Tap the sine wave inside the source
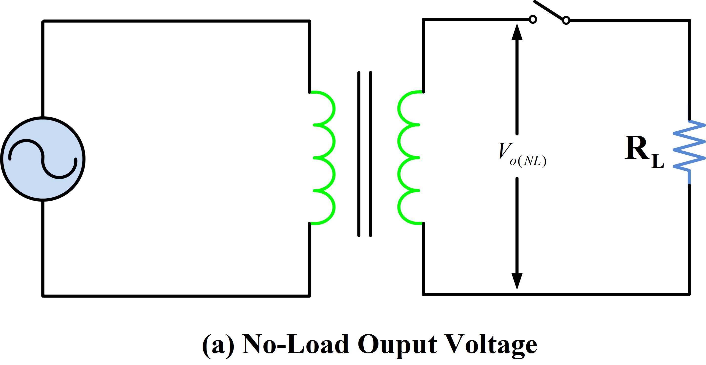click(43, 159)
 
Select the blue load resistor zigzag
click(689, 145)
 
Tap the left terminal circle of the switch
click(533, 19)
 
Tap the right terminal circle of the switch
click(566, 20)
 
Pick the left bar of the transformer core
click(359, 153)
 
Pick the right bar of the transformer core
click(371, 153)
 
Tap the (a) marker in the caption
click(218, 345)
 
